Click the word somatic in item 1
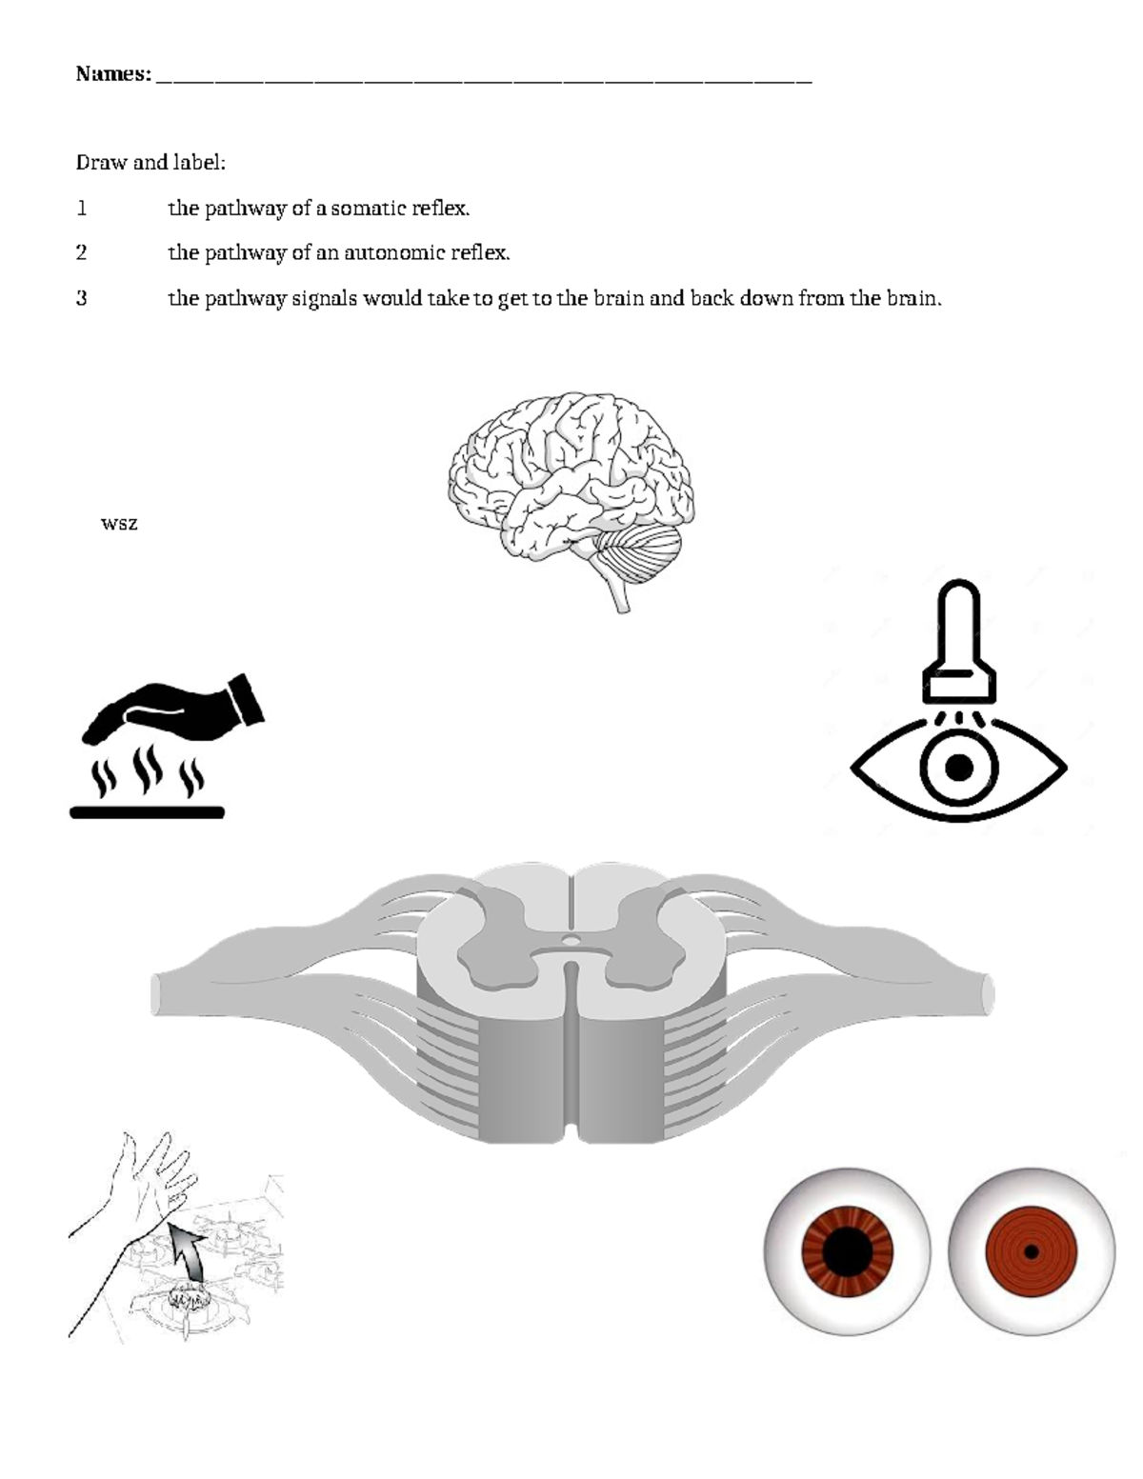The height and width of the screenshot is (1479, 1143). [362, 208]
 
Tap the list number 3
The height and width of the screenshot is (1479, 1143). [81, 298]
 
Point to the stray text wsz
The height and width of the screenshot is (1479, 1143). [119, 523]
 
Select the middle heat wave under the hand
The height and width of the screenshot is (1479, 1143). [147, 769]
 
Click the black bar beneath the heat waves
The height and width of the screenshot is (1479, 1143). [147, 811]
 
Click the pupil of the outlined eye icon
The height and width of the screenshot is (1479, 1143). [959, 767]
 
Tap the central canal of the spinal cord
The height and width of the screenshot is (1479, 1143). [571, 941]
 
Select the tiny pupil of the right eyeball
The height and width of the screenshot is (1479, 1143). [1031, 1250]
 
